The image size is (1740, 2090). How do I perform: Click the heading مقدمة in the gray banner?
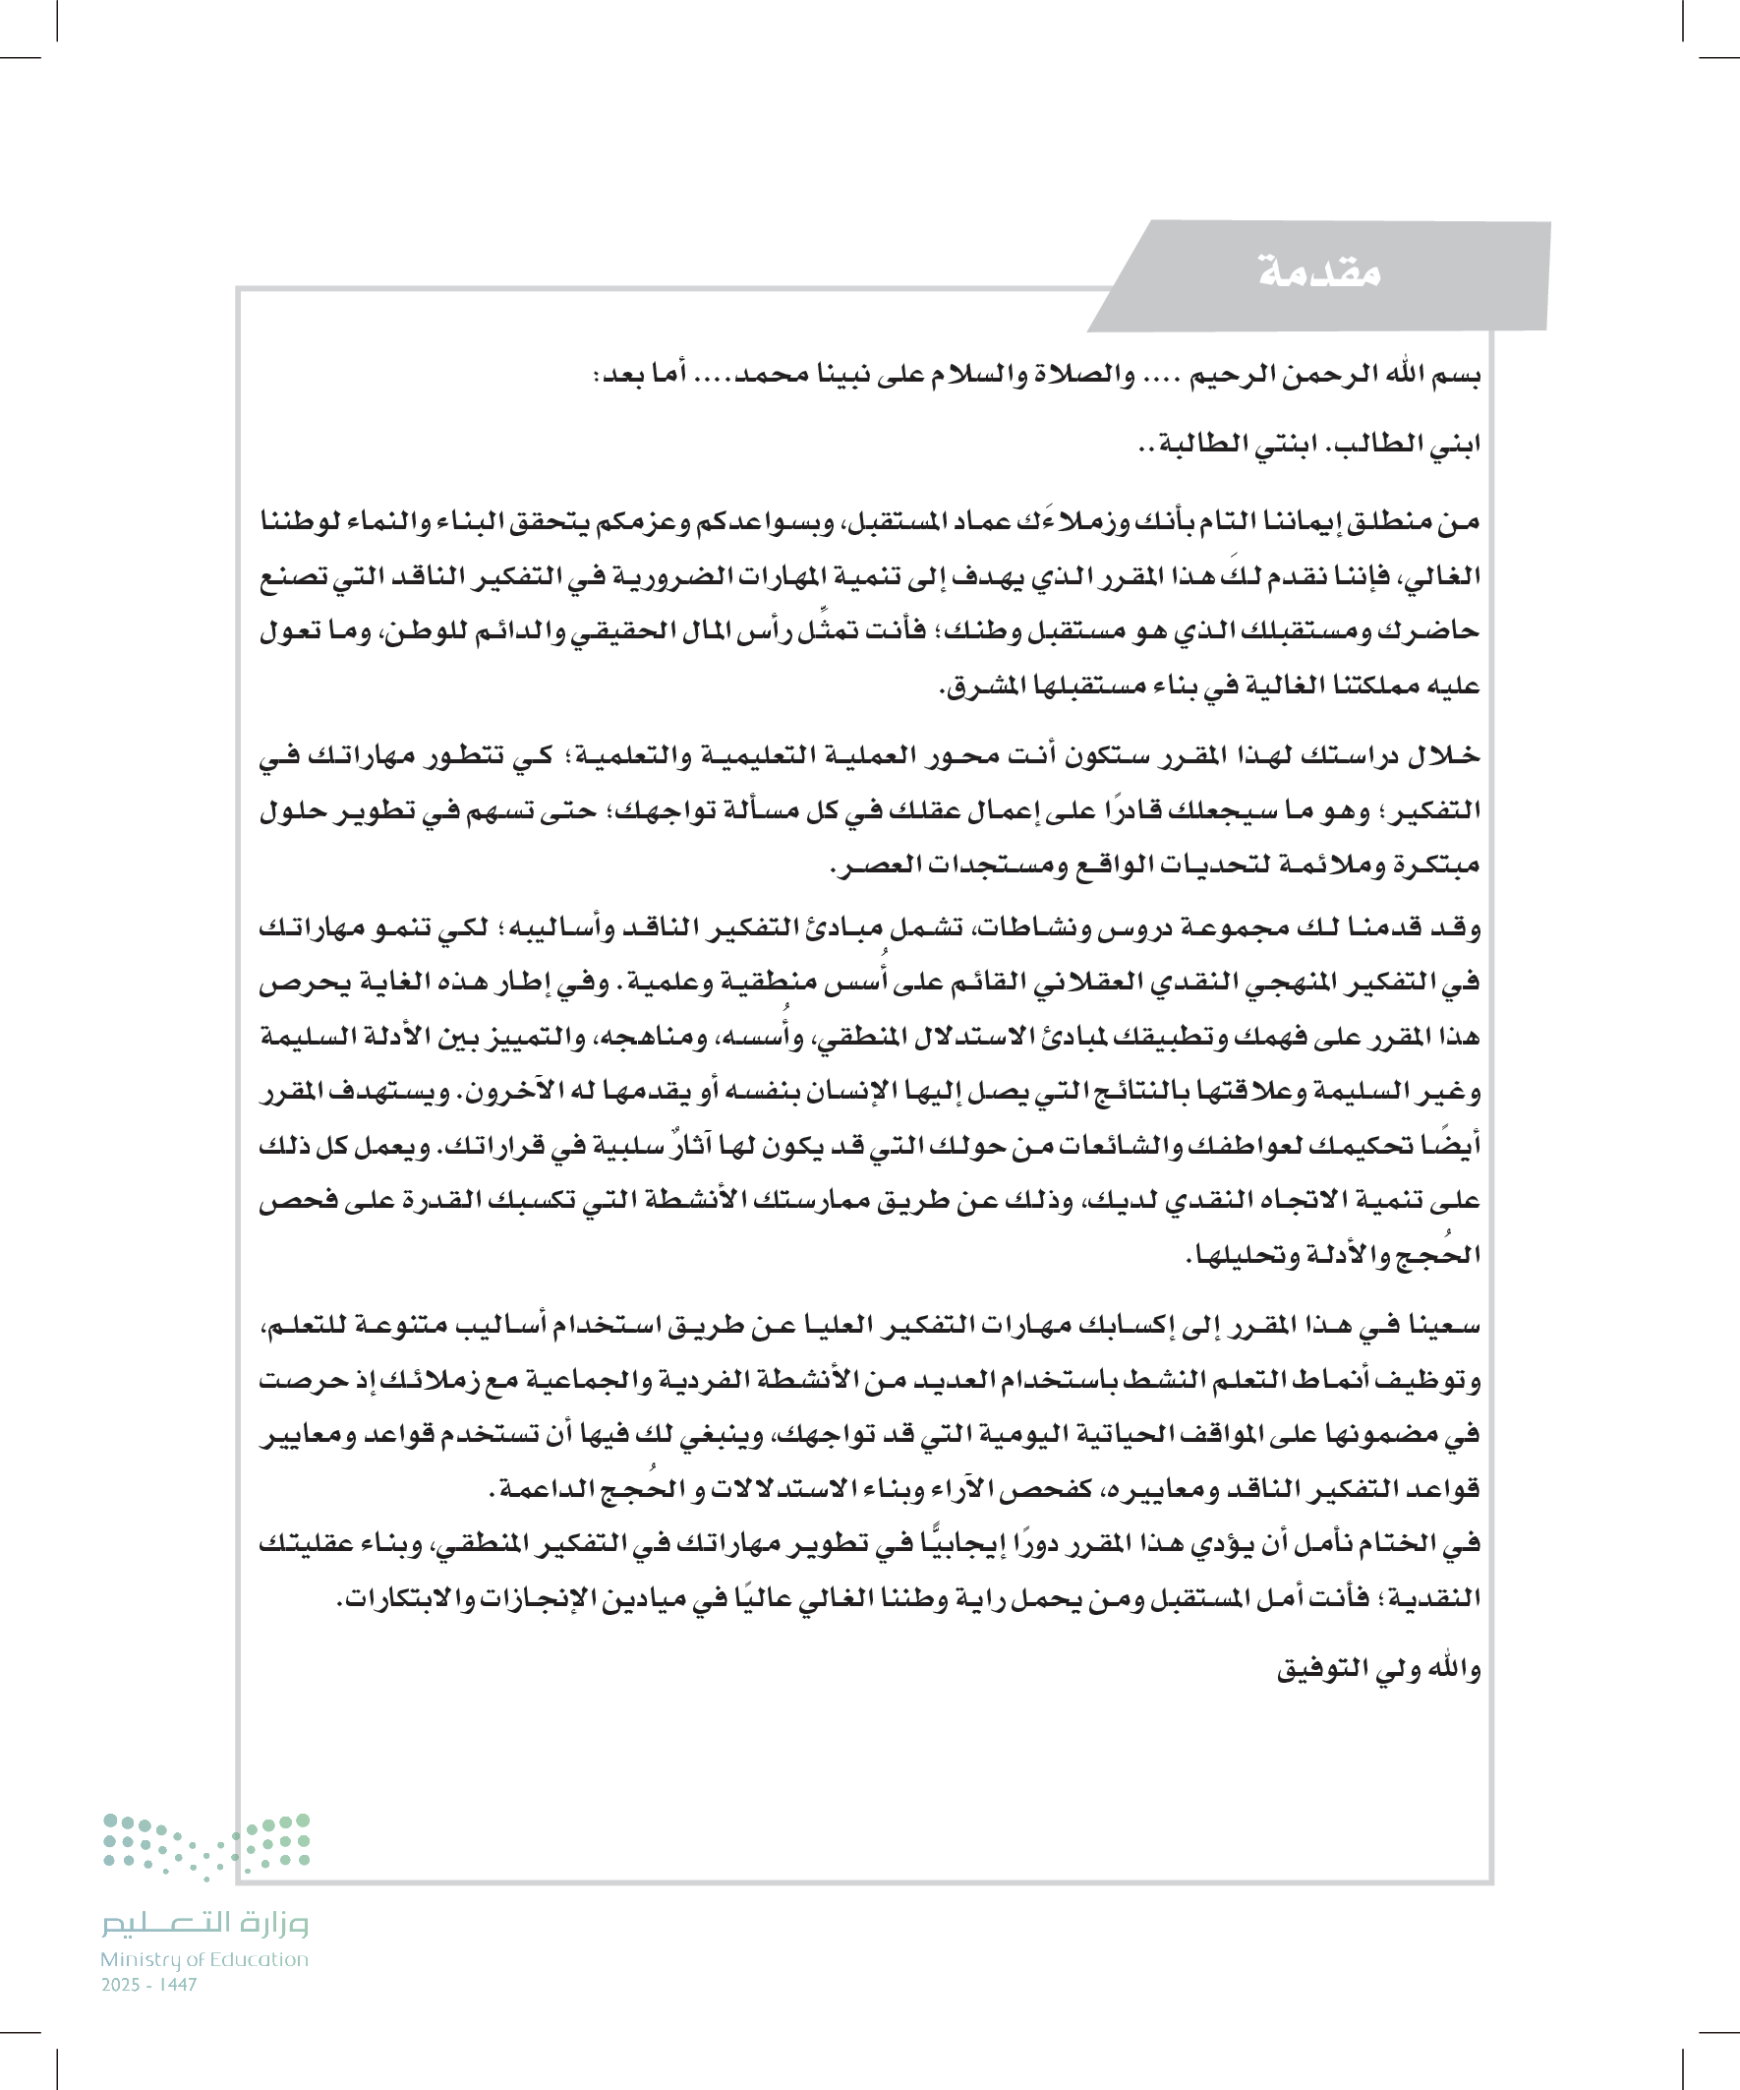[1319, 271]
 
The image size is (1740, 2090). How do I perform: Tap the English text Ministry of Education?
[203, 1958]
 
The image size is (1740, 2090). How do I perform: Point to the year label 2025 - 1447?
[149, 1985]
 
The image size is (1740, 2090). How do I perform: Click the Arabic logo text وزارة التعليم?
[204, 1923]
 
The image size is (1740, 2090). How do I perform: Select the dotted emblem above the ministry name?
[206, 1846]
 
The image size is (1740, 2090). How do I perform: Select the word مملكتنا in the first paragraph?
[1376, 686]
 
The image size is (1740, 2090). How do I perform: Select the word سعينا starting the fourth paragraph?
[1445, 1326]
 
